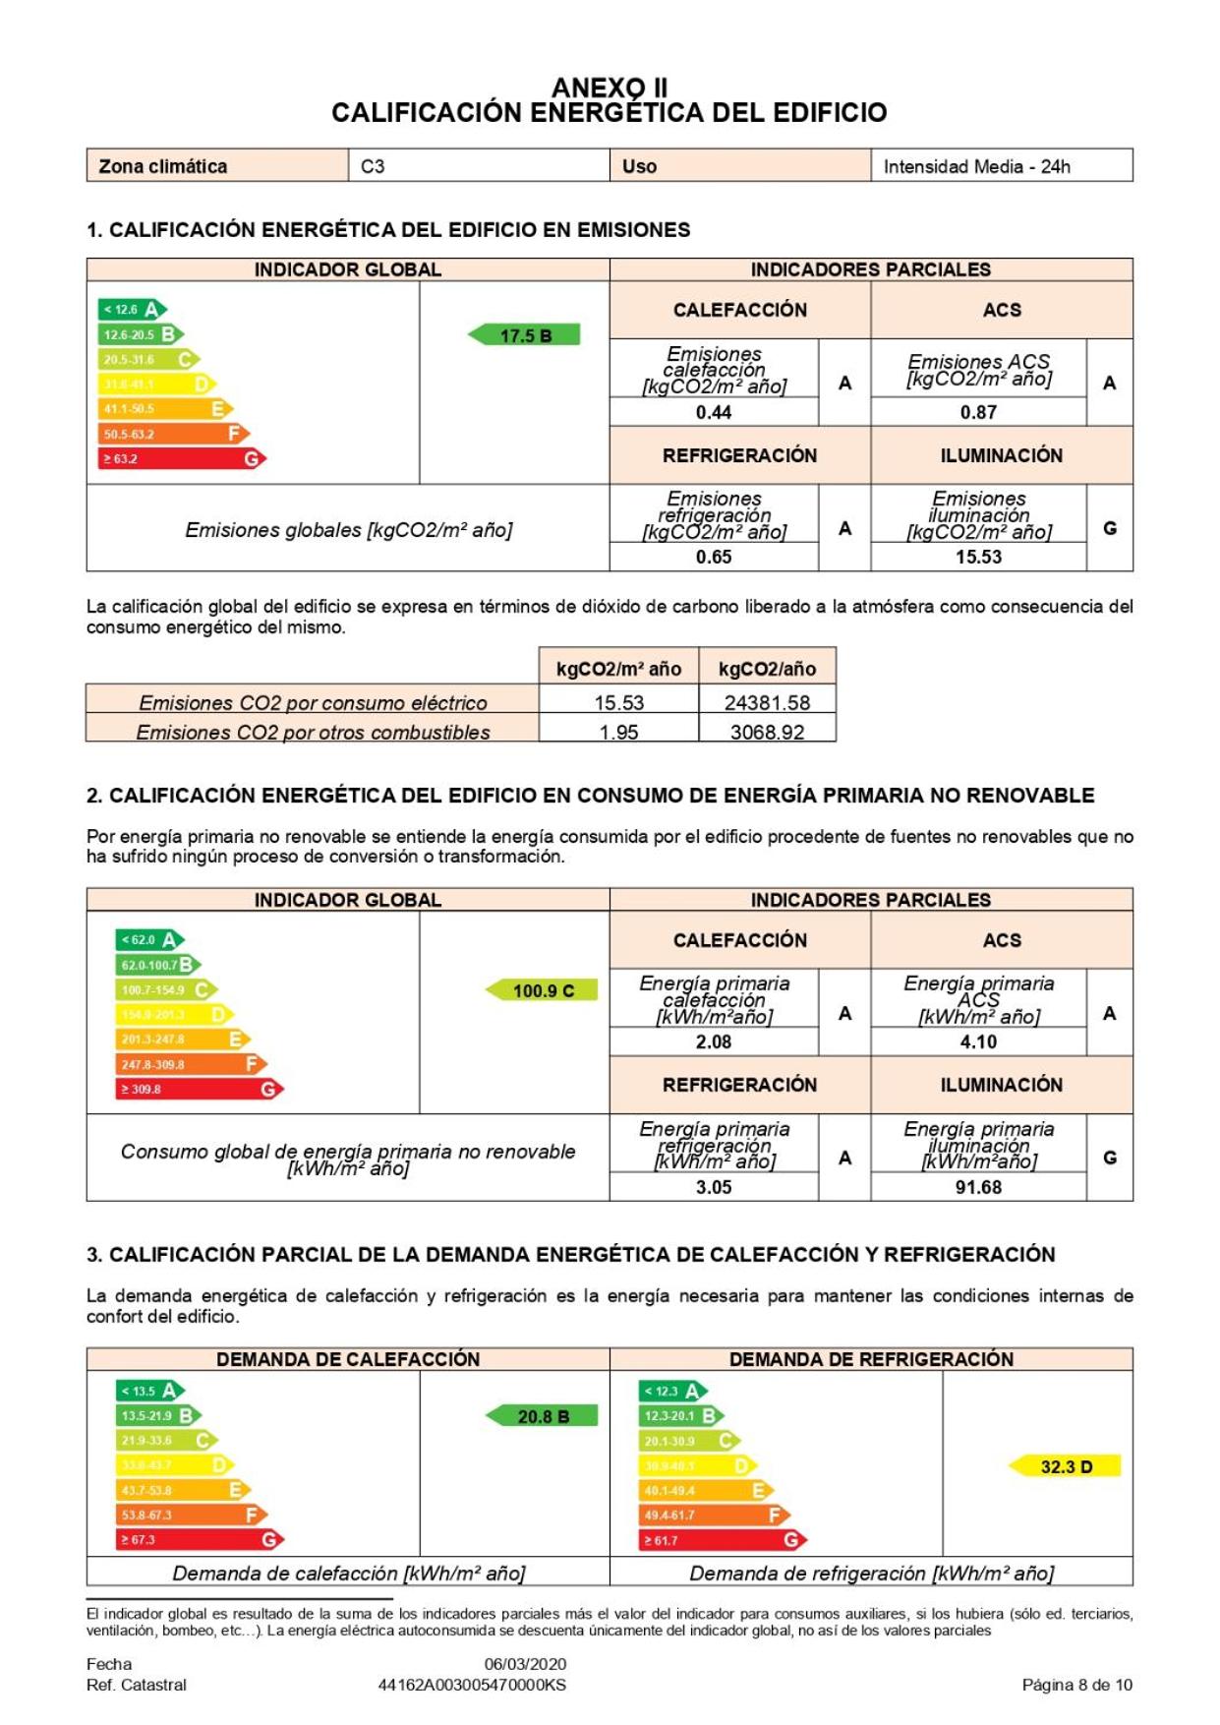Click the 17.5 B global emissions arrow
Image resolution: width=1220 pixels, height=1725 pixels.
525,335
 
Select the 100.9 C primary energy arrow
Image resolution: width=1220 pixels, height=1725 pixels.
543,990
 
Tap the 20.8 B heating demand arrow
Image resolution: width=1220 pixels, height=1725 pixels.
543,1416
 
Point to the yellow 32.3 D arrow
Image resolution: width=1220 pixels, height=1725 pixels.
1066,1466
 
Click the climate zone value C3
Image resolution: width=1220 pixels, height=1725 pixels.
374,166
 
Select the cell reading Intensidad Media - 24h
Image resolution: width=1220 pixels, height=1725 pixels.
976,166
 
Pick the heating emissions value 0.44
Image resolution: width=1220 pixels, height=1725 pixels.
714,412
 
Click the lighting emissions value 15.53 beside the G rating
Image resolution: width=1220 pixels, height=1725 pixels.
978,557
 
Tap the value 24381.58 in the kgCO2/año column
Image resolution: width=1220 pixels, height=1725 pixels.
767,702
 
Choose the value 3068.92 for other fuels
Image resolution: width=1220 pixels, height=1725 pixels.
767,732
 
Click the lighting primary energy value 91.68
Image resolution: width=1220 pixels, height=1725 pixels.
978,1187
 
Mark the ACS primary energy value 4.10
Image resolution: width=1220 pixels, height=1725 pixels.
978,1041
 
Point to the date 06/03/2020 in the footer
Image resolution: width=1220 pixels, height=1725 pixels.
525,1664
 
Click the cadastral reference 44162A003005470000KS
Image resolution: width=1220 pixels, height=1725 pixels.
472,1685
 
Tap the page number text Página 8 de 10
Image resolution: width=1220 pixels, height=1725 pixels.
1076,1685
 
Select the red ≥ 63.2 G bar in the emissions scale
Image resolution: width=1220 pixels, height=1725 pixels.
182,458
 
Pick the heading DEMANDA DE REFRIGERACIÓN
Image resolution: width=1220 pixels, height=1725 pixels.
871,1358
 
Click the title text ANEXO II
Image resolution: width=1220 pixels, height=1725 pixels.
610,88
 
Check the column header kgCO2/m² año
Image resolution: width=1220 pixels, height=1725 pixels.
618,669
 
